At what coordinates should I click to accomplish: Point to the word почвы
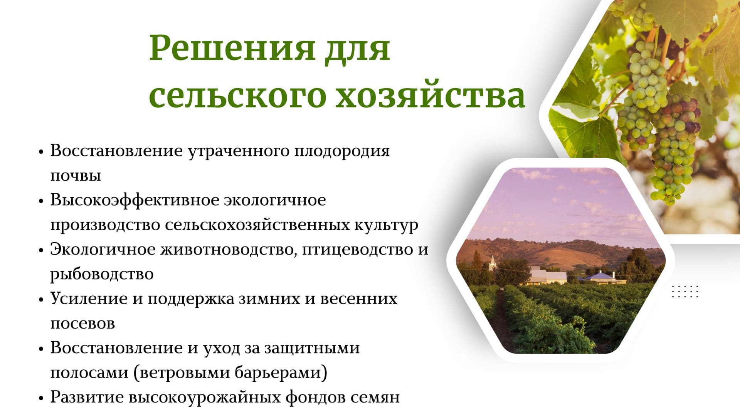76,176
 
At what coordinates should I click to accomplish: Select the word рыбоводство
102,274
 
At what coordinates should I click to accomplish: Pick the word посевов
82,324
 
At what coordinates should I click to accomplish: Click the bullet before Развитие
41,398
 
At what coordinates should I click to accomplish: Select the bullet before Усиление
41,300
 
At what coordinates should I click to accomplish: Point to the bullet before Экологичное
41,250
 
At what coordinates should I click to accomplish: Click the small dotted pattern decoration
685,292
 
